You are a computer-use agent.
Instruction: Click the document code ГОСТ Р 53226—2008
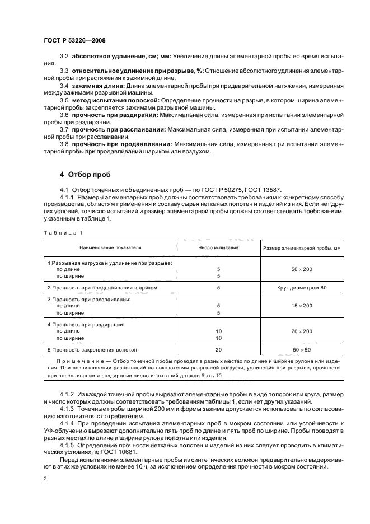74,41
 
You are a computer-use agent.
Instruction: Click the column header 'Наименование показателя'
110,246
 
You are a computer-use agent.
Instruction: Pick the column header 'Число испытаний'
219,246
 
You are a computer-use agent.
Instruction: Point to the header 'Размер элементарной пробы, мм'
302,247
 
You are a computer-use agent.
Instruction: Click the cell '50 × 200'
302,269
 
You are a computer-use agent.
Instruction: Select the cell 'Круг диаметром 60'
302,287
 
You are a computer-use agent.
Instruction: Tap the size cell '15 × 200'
302,306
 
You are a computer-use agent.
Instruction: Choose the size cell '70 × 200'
302,331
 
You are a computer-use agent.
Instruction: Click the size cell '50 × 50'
302,349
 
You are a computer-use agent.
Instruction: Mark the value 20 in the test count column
219,349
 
